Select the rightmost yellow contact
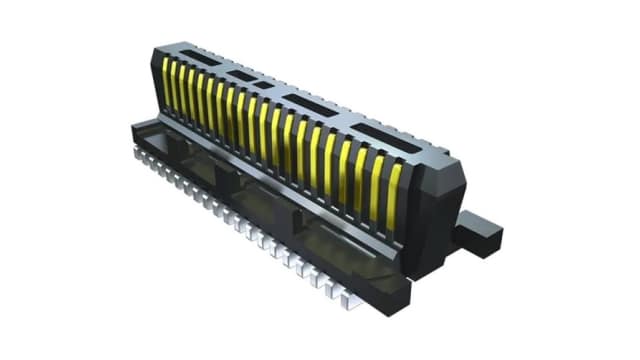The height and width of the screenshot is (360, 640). click(393, 190)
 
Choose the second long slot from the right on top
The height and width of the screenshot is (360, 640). click(311, 106)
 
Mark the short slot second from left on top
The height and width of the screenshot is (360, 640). click(241, 74)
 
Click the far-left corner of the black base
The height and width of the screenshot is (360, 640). click(133, 128)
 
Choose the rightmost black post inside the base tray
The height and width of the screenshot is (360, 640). click(300, 222)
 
